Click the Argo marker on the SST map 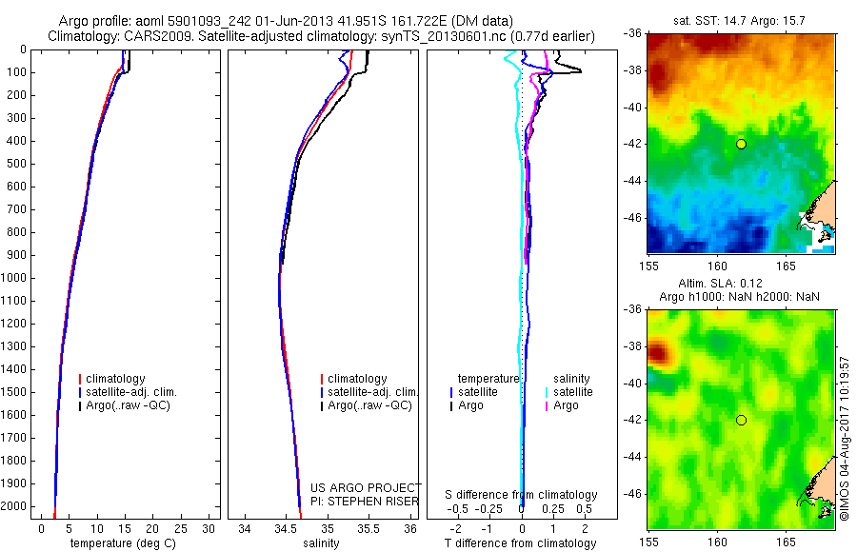[741, 144]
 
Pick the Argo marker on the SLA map [741, 420]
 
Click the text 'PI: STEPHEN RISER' [365, 500]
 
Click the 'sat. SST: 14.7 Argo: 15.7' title [741, 19]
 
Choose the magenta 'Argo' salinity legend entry [566, 405]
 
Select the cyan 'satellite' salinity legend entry [572, 392]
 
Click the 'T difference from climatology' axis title [521, 543]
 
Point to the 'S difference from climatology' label [521, 495]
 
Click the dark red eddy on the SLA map [657, 355]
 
